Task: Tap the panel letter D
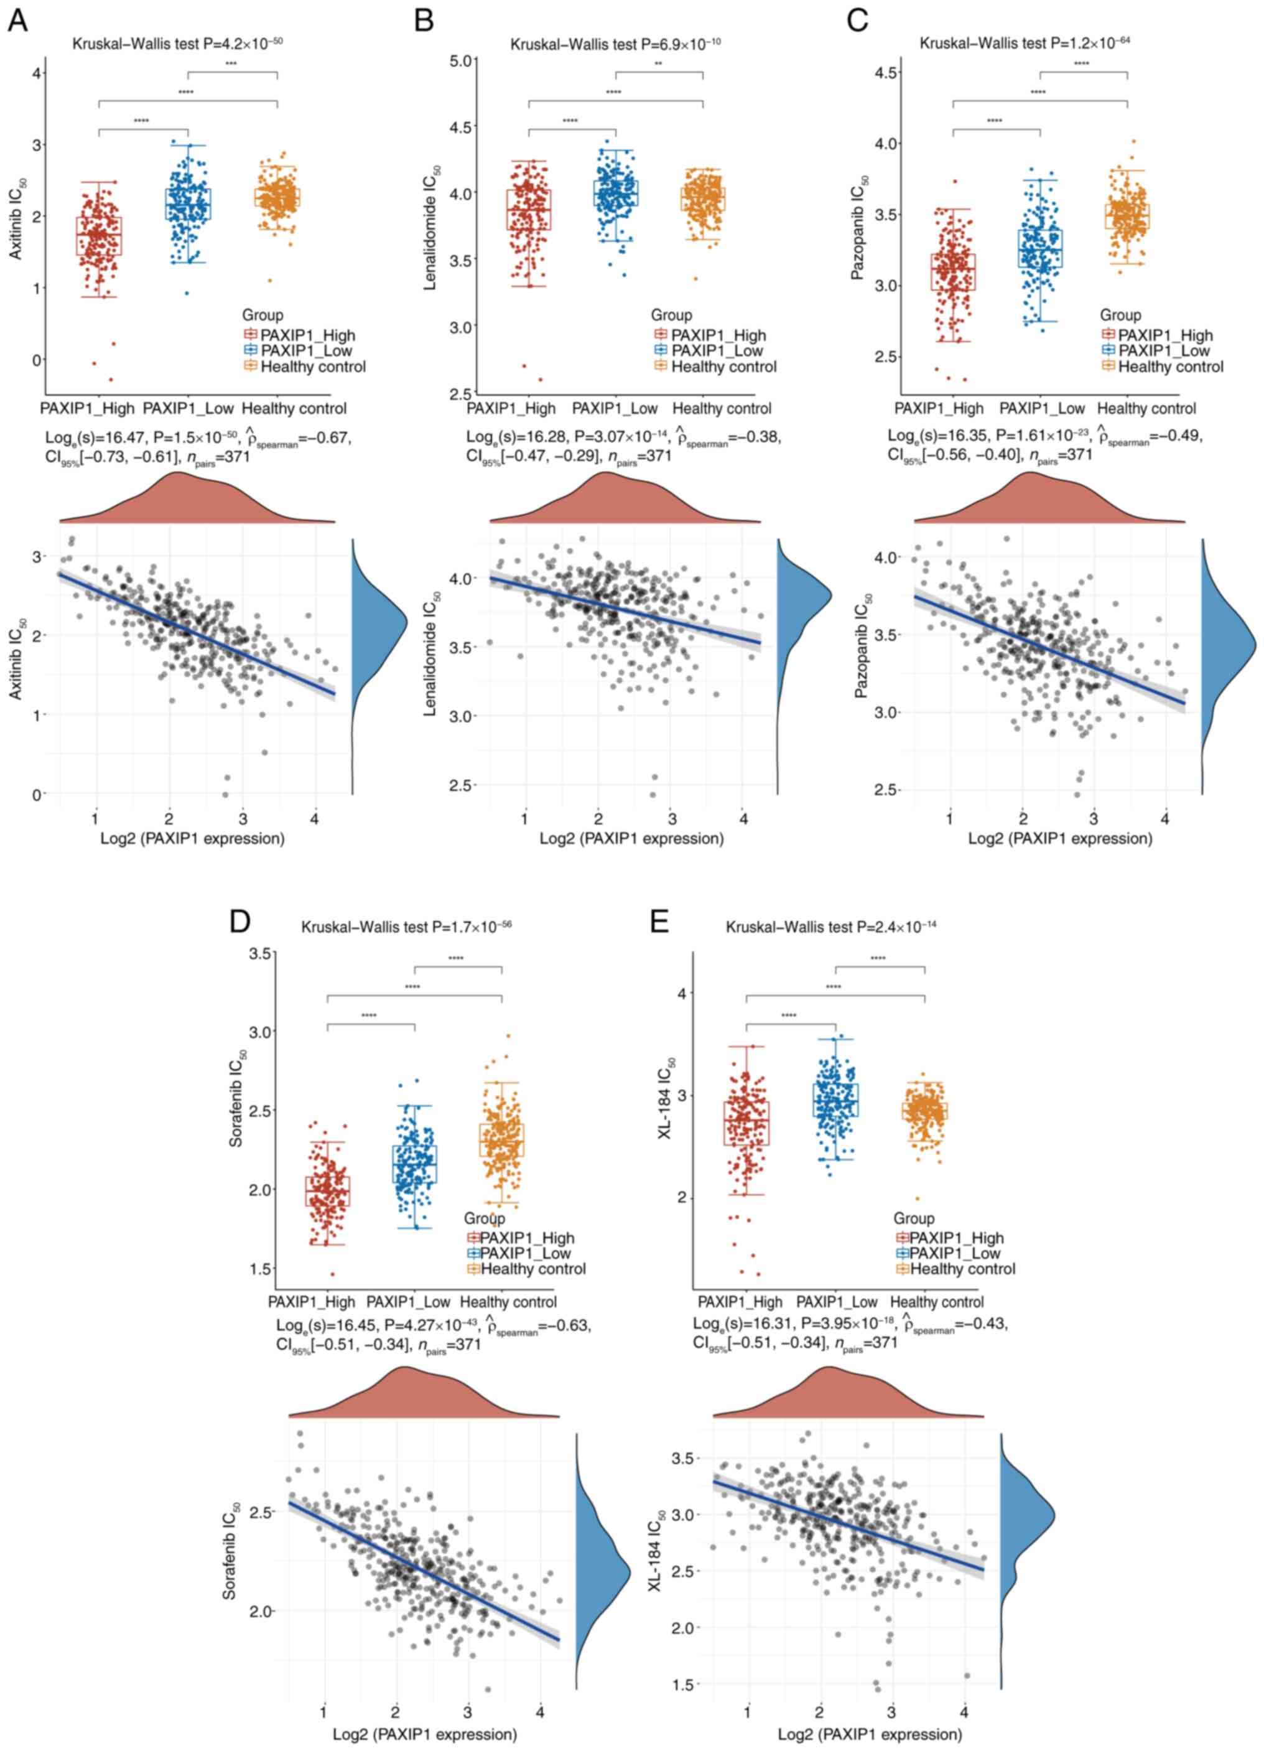pyautogui.click(x=241, y=922)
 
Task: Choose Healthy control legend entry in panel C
pyautogui.click(x=1170, y=367)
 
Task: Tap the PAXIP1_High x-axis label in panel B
pyautogui.click(x=511, y=408)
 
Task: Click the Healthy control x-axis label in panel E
pyautogui.click(x=936, y=1302)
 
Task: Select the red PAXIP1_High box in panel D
pyautogui.click(x=327, y=1190)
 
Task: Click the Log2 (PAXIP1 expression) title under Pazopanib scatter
pyautogui.click(x=1059, y=838)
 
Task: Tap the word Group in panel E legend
pyautogui.click(x=914, y=1219)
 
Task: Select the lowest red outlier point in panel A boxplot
pyautogui.click(x=110, y=380)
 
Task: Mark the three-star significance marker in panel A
pyautogui.click(x=231, y=63)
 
